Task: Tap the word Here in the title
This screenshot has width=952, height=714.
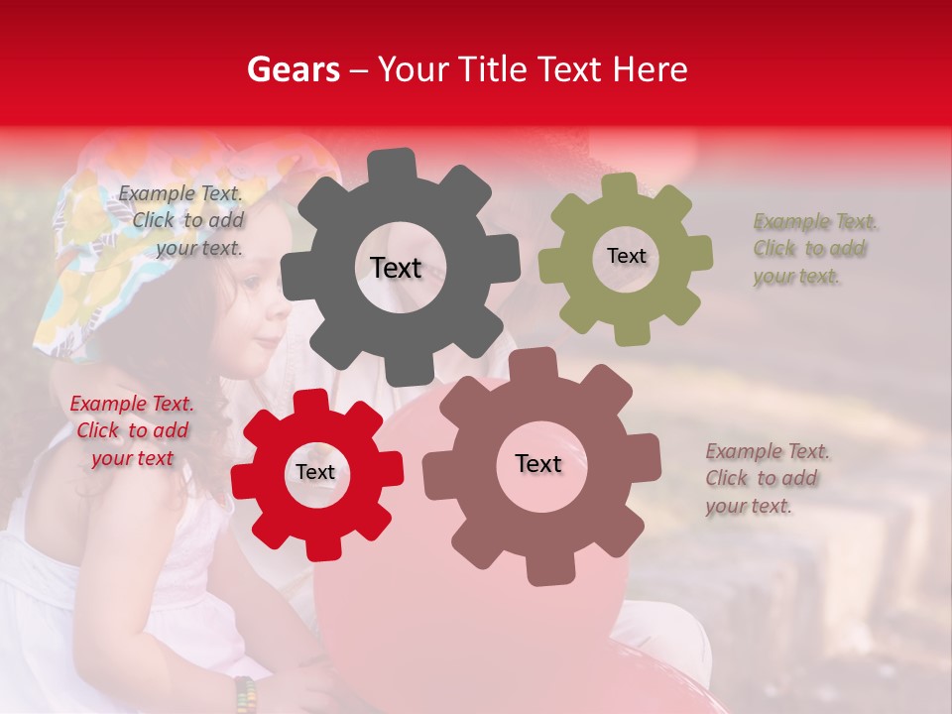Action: pos(651,69)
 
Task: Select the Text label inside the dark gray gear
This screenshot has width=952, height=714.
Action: pos(396,268)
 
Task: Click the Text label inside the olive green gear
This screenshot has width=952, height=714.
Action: pos(626,256)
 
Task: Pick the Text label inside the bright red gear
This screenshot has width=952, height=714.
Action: pos(315,472)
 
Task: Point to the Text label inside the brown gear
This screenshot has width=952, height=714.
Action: pos(538,463)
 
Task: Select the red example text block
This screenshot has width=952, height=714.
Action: pos(132,431)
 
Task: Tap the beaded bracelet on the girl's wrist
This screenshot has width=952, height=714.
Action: pos(245,693)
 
